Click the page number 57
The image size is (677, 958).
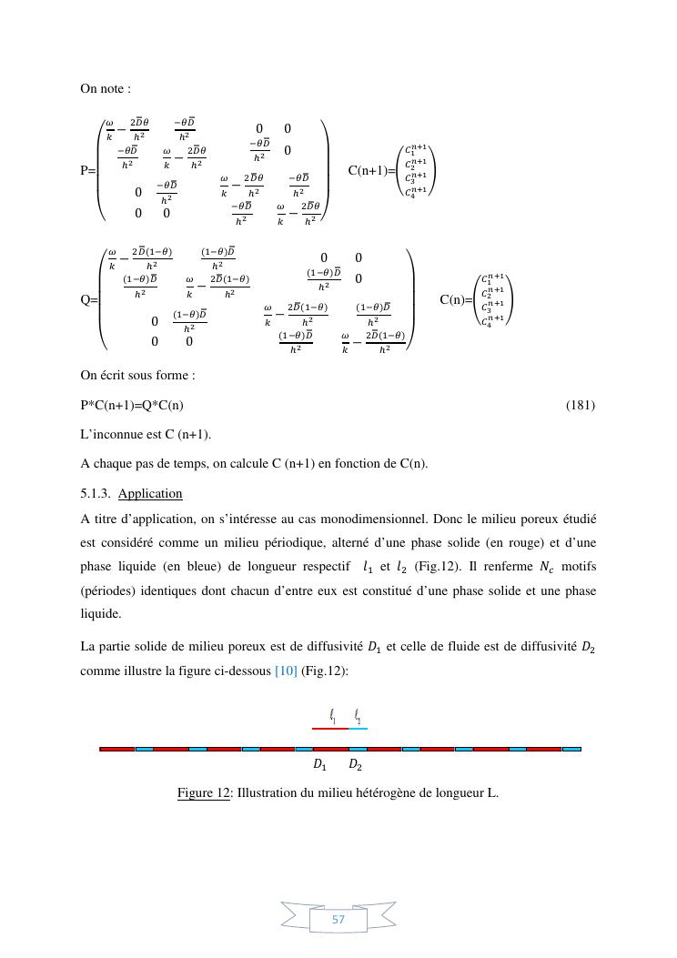click(x=338, y=920)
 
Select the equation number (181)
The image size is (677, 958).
click(x=580, y=404)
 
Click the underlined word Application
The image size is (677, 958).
click(x=150, y=493)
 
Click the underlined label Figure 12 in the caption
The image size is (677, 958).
click(x=203, y=792)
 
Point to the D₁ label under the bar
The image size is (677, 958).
click(x=319, y=765)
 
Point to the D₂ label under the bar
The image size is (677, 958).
click(x=355, y=765)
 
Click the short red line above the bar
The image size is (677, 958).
click(x=329, y=728)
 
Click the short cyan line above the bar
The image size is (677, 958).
click(x=358, y=728)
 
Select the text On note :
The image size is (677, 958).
click(x=106, y=88)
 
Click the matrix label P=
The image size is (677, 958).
click(x=88, y=170)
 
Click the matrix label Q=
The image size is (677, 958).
click(x=89, y=299)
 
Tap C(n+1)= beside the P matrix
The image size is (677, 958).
click(x=371, y=170)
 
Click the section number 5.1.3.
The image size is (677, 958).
click(x=96, y=493)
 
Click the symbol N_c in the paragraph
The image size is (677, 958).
click(x=546, y=567)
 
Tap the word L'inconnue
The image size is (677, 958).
click(x=113, y=434)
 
